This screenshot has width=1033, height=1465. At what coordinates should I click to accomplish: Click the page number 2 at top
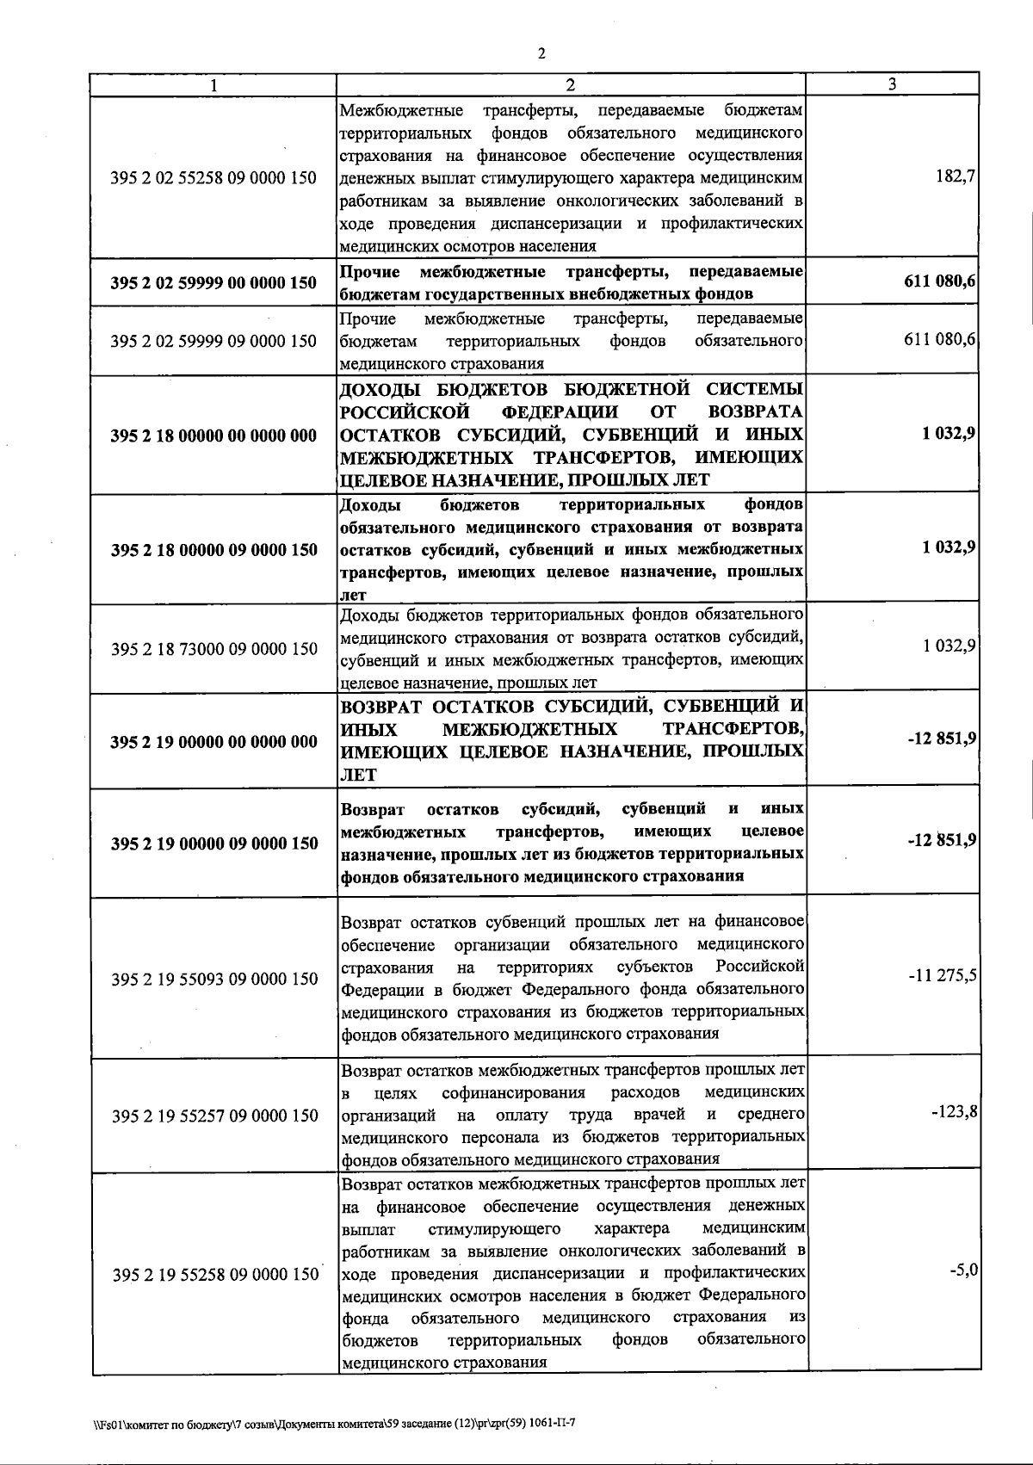coord(541,53)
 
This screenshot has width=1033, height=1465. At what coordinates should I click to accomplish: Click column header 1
coord(213,84)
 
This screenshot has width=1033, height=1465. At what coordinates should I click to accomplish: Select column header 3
coord(892,83)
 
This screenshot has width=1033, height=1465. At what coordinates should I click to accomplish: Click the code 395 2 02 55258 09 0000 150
coord(214,178)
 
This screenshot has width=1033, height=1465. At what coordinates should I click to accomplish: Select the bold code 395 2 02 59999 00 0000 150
coord(214,282)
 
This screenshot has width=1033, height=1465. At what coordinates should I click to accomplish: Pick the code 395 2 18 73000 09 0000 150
coord(214,649)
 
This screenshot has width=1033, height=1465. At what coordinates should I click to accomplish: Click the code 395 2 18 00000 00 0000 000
coord(214,436)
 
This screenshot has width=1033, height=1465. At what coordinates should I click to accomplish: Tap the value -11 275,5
coord(942,976)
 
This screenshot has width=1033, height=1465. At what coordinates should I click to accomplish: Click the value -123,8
coord(955,1112)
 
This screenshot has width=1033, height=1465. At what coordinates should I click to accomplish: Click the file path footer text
coord(334,1425)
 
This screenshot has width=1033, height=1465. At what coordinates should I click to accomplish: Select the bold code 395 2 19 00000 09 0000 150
coord(214,844)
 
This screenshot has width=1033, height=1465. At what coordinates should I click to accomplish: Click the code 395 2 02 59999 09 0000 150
coord(214,341)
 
